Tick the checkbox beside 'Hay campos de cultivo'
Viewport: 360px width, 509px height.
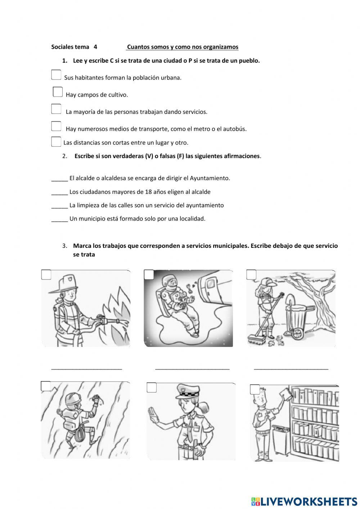pyautogui.click(x=58, y=92)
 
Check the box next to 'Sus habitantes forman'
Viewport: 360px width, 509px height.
pyautogui.click(x=56, y=75)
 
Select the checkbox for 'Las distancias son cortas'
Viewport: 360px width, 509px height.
pyautogui.click(x=56, y=142)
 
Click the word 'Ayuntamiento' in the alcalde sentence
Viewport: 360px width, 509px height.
pyautogui.click(x=210, y=178)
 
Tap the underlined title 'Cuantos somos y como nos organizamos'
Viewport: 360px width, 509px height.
pyautogui.click(x=183, y=47)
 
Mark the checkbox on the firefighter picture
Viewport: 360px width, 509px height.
pyautogui.click(x=46, y=274)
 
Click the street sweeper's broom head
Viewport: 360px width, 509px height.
pyautogui.click(x=256, y=338)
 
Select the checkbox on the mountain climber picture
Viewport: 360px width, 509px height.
pyautogui.click(x=46, y=386)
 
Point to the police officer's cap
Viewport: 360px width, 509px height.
pyautogui.click(x=186, y=392)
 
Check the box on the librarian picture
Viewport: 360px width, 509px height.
pyautogui.click(x=255, y=389)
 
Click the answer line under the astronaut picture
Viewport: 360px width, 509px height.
pyautogui.click(x=192, y=368)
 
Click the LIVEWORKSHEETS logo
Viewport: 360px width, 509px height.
pyautogui.click(x=304, y=501)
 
